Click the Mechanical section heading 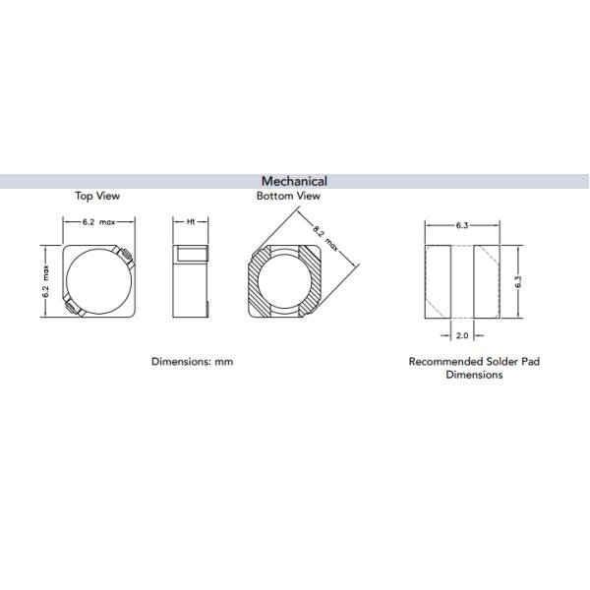pyautogui.click(x=294, y=181)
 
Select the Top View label pyautogui.click(x=97, y=196)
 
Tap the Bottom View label pyautogui.click(x=288, y=196)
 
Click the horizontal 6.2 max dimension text pyautogui.click(x=97, y=224)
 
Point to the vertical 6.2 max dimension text pyautogui.click(x=46, y=280)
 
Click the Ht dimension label pyautogui.click(x=190, y=224)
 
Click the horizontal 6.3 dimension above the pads pyautogui.click(x=462, y=225)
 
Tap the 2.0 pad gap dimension pyautogui.click(x=462, y=335)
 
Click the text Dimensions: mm pyautogui.click(x=192, y=361)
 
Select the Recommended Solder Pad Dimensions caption pyautogui.click(x=474, y=368)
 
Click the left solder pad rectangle pyautogui.click(x=438, y=280)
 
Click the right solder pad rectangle pyautogui.click(x=487, y=280)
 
